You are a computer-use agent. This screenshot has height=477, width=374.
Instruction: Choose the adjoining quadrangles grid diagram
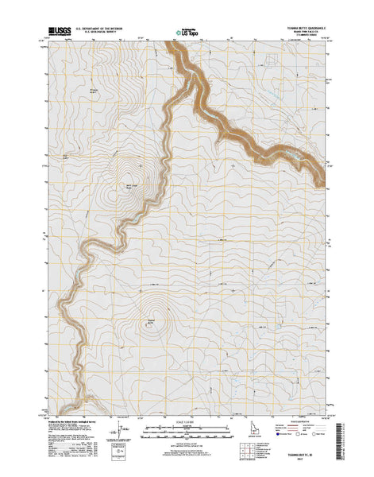[267, 436]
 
